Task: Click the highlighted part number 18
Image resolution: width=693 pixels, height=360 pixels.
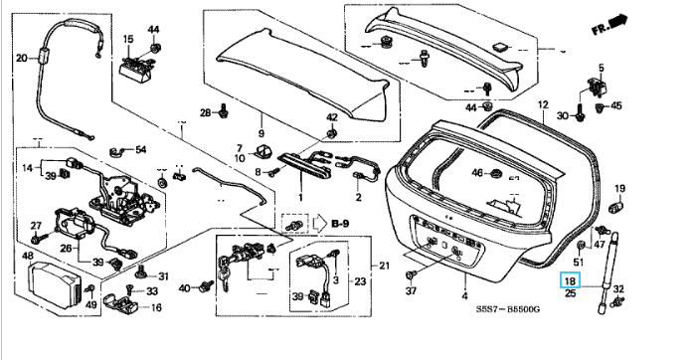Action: (570, 280)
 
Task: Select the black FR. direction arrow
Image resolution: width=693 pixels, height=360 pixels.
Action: (617, 21)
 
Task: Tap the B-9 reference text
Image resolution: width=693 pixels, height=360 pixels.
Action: (340, 224)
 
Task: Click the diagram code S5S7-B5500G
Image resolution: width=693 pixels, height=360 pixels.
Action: (507, 308)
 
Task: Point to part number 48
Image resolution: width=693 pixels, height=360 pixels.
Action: (28, 256)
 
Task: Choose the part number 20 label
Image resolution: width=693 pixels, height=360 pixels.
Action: (22, 58)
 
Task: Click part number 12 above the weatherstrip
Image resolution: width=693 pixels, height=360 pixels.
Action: (543, 104)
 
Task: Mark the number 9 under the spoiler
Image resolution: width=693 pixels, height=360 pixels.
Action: (261, 133)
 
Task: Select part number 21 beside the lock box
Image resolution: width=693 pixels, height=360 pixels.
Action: (385, 266)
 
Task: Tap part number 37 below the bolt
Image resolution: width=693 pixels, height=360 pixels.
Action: (411, 290)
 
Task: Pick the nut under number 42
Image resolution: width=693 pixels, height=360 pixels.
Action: (331, 132)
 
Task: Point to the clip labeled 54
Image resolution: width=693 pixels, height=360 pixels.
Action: (115, 152)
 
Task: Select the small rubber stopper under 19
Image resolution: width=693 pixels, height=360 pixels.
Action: (617, 205)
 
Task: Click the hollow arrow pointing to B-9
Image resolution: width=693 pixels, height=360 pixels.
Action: (319, 224)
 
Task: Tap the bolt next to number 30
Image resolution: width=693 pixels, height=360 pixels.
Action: (580, 112)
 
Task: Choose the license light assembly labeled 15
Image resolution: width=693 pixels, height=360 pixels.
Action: (135, 69)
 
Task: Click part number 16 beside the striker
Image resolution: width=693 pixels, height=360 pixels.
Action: (156, 307)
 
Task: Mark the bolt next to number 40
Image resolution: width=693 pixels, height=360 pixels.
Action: (206, 286)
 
